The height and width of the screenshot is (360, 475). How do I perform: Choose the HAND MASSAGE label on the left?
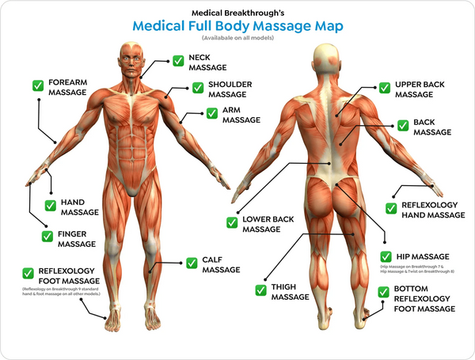click(x=79, y=207)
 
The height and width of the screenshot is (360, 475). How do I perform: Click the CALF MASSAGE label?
click(x=220, y=264)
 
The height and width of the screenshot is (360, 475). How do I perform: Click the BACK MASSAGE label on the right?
click(x=432, y=128)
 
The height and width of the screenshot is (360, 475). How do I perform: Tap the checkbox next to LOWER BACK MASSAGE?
click(x=232, y=224)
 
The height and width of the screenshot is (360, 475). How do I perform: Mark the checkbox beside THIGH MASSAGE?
click(x=260, y=291)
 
